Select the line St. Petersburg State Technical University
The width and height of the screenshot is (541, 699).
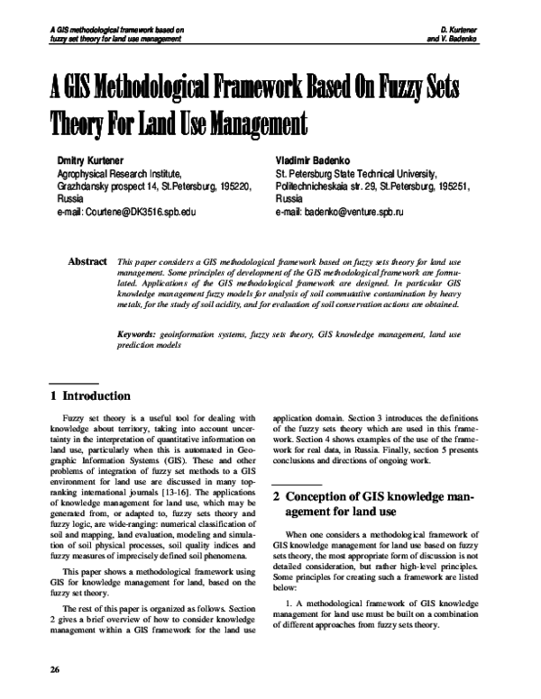(356, 173)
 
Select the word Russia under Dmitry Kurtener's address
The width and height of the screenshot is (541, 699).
(45, 199)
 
